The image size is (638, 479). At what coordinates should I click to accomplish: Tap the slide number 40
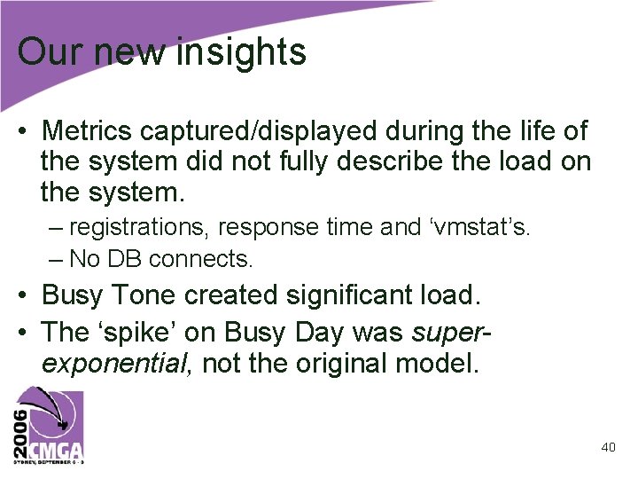click(608, 447)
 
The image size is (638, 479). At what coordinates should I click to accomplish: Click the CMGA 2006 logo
click(48, 425)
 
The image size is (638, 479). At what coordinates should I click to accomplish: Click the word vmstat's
click(478, 227)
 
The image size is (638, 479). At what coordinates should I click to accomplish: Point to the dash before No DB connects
click(57, 259)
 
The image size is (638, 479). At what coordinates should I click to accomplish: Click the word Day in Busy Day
click(319, 332)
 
